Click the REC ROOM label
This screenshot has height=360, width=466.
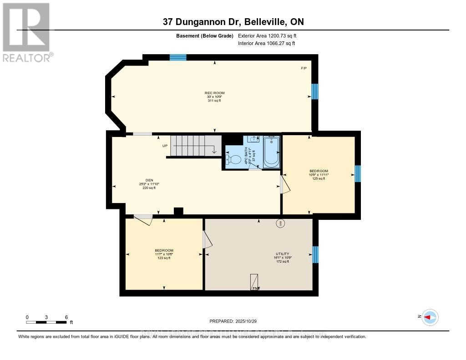pos(214,93)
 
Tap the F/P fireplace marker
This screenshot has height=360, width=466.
pos(304,68)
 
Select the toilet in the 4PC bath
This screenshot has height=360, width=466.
pos(234,160)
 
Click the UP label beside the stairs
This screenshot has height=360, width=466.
pos(166,146)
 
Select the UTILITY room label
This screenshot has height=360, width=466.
pos(282,254)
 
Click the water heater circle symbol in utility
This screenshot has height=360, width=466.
pos(280,223)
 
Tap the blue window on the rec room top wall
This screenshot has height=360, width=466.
pos(178,57)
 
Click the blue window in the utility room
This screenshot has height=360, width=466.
pos(315,254)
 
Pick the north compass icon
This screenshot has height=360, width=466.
pos(430,317)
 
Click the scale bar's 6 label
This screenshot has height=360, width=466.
pos(66,317)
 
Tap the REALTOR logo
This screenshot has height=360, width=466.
pos(27,32)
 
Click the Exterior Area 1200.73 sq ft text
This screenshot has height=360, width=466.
pos(267,35)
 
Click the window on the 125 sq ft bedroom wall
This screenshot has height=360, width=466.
pos(358,174)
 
